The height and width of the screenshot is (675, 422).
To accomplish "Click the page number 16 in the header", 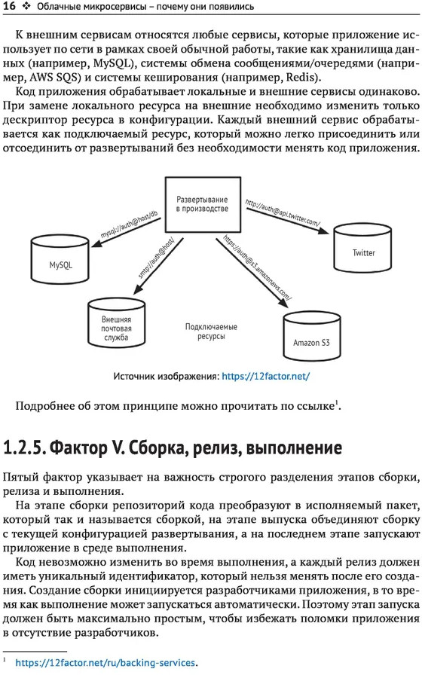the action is tap(9, 6).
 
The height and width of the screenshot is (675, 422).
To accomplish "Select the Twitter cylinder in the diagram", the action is tap(363, 248).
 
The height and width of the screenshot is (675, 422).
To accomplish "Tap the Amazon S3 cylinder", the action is tap(312, 337).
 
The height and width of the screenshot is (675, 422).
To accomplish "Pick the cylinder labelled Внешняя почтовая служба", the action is tap(116, 323).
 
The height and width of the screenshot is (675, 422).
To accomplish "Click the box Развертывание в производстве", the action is tap(203, 204).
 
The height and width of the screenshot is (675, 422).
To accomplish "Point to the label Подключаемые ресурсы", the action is tap(211, 331).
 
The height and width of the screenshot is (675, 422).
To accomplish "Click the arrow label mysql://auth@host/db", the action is tap(129, 224).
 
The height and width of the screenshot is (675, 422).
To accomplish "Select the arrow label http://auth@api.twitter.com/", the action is tap(283, 212).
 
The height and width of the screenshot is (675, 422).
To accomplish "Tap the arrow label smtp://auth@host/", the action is tap(156, 258).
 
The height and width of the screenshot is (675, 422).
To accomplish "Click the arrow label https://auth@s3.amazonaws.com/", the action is tap(258, 267).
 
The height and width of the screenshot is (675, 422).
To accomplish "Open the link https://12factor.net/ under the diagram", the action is tap(266, 376).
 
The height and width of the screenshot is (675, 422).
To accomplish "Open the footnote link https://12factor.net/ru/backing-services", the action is tap(105, 663).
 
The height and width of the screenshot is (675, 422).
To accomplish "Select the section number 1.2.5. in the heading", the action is tap(24, 447).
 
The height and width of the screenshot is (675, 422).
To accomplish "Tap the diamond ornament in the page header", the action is tap(26, 7).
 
